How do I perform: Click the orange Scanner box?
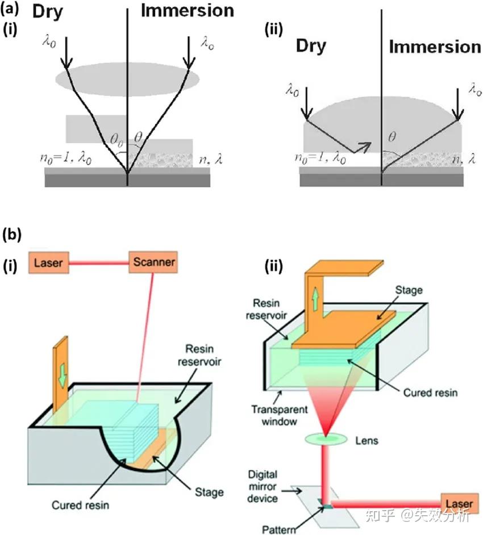(154, 262)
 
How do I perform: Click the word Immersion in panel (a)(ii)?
(435, 46)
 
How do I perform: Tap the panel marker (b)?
(11, 233)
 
